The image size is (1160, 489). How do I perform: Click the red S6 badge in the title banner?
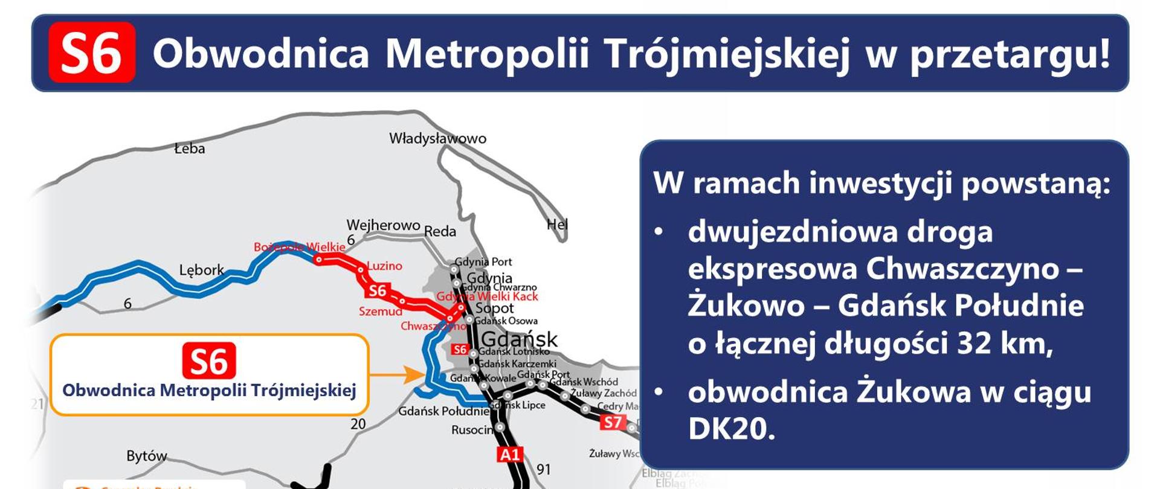[92, 53]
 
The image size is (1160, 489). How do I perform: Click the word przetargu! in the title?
[1010, 54]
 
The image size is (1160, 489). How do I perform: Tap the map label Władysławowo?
[437, 139]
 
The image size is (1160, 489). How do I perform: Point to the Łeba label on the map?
[190, 149]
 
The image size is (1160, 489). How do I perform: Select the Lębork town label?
[201, 270]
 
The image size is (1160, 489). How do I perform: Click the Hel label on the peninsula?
[557, 225]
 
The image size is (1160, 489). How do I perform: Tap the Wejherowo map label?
[383, 225]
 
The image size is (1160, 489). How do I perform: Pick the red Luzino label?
[384, 266]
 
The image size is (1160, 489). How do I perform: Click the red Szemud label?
[380, 312]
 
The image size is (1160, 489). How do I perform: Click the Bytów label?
[146, 456]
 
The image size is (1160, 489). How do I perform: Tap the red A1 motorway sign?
[509, 455]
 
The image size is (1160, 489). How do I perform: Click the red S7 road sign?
[612, 423]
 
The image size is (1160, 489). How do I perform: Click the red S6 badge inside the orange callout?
[209, 361]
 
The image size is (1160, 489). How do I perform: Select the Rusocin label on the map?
[472, 430]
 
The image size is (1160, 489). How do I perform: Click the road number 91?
[544, 469]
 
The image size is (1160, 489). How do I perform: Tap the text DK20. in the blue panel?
[731, 429]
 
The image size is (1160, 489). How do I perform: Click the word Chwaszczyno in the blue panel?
[962, 269]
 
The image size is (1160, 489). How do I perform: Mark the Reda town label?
[440, 231]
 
